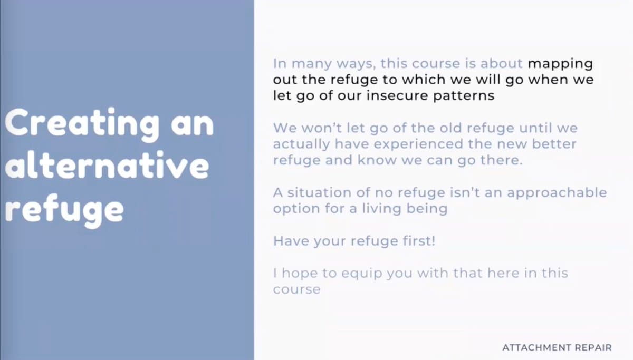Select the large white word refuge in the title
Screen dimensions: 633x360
pos(64,210)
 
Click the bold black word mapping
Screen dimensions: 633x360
pos(560,64)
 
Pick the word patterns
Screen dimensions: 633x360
pos(464,96)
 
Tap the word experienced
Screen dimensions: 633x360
pos(418,144)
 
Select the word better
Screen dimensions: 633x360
pos(554,144)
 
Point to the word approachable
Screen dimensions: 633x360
pos(557,193)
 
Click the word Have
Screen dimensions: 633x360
pos(291,241)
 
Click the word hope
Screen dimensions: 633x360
pos(300,274)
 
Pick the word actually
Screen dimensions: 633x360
pos(302,144)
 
